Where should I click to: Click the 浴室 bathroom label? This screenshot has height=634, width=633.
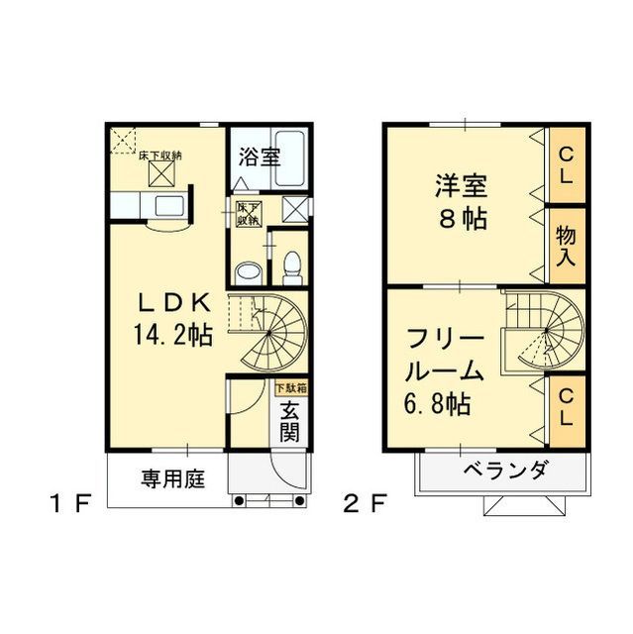tap(260, 157)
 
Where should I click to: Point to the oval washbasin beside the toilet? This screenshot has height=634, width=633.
tap(248, 270)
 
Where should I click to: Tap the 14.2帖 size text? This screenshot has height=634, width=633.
tap(174, 335)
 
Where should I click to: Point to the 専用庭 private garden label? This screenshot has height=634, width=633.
tap(171, 480)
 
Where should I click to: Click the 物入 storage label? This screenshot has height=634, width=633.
tap(567, 244)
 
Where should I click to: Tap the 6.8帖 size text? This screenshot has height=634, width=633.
tap(436, 403)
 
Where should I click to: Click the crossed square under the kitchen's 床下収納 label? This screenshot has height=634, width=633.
tap(159, 174)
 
